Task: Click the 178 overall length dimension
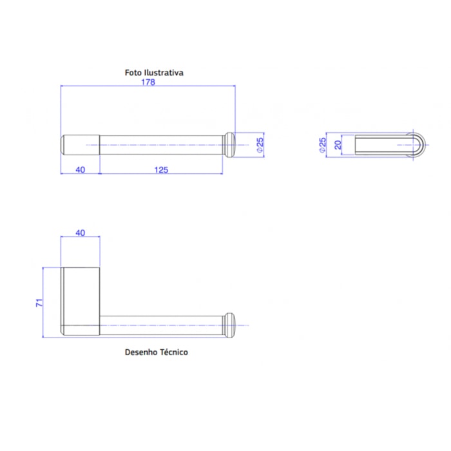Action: tap(148, 82)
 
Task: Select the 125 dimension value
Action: tap(161, 170)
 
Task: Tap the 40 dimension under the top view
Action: tap(81, 170)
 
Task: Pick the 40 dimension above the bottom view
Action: tap(81, 233)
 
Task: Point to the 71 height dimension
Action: tap(39, 303)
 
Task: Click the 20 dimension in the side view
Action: tap(338, 145)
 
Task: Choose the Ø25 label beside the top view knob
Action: tap(260, 145)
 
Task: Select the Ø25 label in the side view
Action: tap(322, 145)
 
